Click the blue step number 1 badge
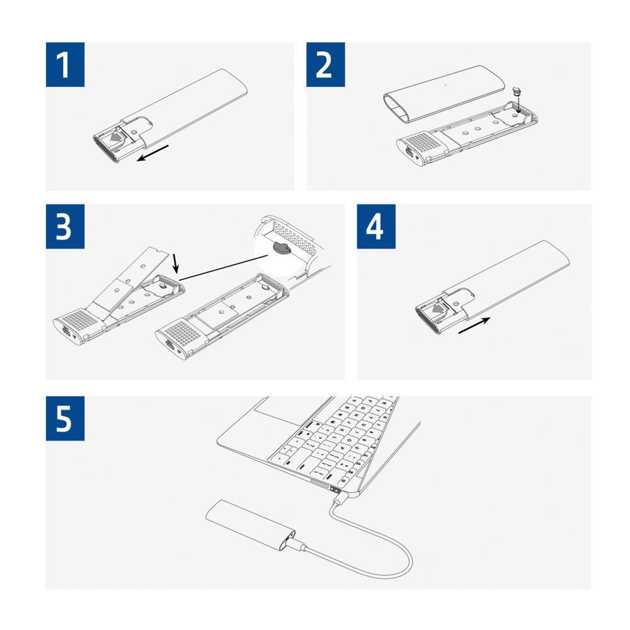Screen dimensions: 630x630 pyautogui.click(x=65, y=65)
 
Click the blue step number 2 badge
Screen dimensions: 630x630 pyautogui.click(x=326, y=65)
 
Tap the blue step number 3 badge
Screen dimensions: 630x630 pyautogui.click(x=65, y=227)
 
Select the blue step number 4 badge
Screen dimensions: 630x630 pyautogui.click(x=376, y=227)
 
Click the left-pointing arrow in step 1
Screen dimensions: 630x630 pyautogui.click(x=153, y=152)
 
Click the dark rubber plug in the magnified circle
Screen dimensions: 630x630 pyautogui.click(x=280, y=248)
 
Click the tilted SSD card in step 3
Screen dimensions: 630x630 pyautogui.click(x=135, y=277)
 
